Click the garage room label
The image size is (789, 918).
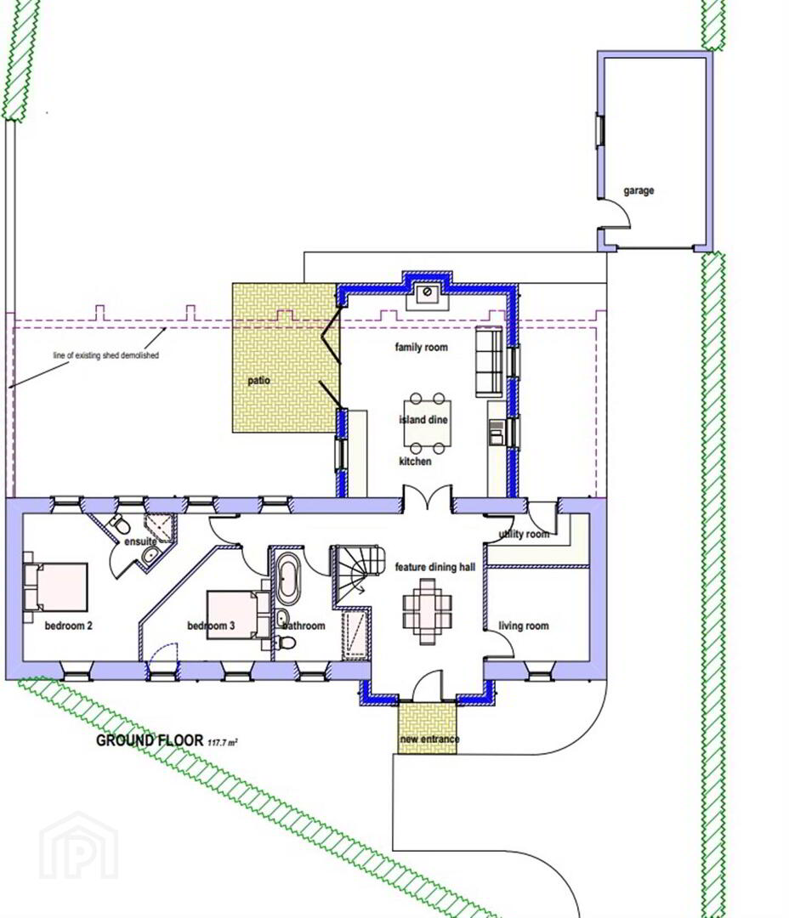click(639, 191)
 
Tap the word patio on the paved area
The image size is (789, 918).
click(259, 381)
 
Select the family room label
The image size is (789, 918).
click(421, 347)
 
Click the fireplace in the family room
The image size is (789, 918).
click(428, 296)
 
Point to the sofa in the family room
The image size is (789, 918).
click(489, 361)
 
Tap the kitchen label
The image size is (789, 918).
click(415, 462)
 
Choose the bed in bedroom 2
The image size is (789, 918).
click(55, 587)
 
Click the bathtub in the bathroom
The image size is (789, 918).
click(288, 579)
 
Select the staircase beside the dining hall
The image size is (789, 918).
click(357, 575)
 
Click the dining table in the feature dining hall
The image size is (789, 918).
click(429, 611)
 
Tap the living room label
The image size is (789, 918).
click(524, 626)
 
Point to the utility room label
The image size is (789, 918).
click(524, 534)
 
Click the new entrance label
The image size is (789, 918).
click(429, 739)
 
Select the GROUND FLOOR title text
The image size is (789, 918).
click(150, 740)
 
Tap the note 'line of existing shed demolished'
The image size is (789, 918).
click(106, 355)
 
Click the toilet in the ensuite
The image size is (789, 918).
click(120, 524)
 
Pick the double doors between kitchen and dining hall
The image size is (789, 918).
click(427, 497)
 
